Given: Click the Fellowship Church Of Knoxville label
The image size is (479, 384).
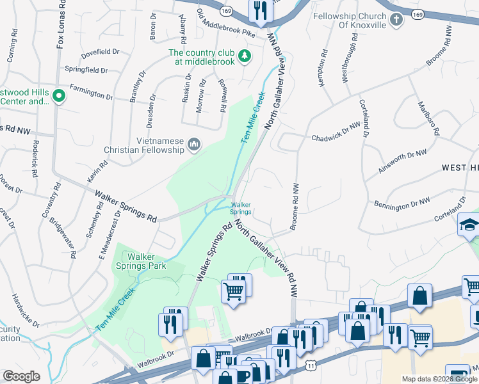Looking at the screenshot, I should pos(350,20).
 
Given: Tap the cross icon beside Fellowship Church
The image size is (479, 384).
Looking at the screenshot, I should pos(396,20).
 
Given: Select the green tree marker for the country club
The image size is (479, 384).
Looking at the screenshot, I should pos(244,57).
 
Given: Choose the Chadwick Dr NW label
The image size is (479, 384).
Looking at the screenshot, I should pos(336,132).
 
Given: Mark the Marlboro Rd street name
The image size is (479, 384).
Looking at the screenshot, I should pos(428,117).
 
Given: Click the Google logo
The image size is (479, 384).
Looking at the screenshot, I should pos(21,376).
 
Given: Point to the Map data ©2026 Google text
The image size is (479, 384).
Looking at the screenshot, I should pos(439,378).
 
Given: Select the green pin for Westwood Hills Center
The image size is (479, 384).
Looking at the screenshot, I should pos(59,97).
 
